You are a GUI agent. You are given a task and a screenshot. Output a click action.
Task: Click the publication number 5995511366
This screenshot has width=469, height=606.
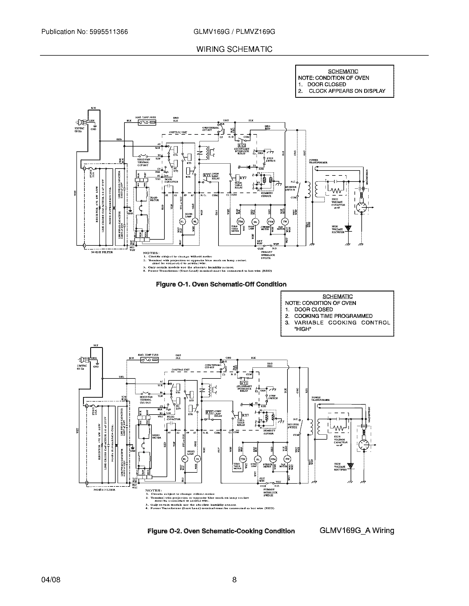tap(108, 32)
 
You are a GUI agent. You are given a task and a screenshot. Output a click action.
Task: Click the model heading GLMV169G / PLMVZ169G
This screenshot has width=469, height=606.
tap(234, 32)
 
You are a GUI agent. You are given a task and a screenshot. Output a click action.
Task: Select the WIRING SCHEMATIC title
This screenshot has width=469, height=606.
tap(234, 49)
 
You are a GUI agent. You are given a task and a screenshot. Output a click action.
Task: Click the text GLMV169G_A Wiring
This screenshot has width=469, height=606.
tap(357, 531)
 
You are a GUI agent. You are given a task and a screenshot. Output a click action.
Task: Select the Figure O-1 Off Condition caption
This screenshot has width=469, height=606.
tap(221, 285)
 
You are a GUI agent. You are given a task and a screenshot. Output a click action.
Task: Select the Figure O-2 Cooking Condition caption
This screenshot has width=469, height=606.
tap(221, 531)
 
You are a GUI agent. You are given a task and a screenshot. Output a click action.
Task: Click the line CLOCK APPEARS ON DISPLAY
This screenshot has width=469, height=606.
tap(347, 91)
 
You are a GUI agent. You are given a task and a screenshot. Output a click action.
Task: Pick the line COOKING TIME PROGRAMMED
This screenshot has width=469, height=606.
tap(333, 316)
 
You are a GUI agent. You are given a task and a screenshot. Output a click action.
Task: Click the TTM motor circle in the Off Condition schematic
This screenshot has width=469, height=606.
tap(240, 221)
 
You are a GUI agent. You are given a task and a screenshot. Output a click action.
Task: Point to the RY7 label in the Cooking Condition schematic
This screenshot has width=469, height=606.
tap(245, 415)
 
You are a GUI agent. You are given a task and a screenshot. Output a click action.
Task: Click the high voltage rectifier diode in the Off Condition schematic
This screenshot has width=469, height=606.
tap(348, 228)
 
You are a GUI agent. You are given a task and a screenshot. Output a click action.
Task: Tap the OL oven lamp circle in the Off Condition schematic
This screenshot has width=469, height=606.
tap(255, 221)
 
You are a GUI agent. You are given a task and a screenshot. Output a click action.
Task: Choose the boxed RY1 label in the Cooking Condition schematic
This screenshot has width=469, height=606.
tap(209, 413)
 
